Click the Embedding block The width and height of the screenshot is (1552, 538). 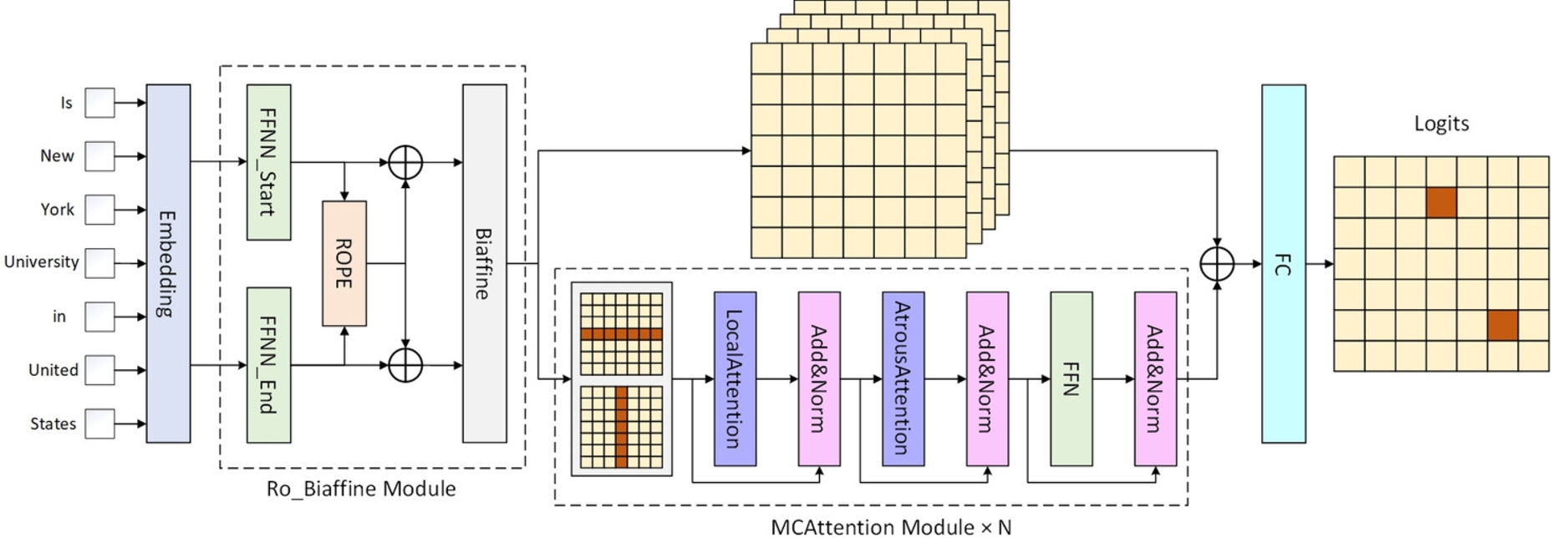(168, 263)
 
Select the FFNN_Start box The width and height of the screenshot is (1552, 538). (268, 162)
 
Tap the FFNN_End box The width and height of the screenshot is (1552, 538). (268, 365)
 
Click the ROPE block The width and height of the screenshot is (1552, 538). (343, 263)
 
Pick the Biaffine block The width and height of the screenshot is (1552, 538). (484, 263)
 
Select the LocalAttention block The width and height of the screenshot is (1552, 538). (735, 378)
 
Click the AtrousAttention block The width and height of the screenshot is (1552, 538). (903, 378)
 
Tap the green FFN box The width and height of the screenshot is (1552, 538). (1071, 378)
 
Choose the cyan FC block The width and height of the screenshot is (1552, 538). (1283, 263)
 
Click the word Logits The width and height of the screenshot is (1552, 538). (1441, 124)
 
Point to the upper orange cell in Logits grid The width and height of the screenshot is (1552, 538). (1441, 202)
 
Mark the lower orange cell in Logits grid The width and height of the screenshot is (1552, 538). (1502, 325)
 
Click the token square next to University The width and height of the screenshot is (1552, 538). (99, 263)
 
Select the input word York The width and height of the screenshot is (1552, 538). (57, 210)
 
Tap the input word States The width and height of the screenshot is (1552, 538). (53, 424)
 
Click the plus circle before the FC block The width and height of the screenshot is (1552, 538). (1217, 264)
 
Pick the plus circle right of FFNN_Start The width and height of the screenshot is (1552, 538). (405, 162)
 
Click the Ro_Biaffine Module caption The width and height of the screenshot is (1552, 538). (361, 489)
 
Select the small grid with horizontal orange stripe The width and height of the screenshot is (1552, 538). (621, 333)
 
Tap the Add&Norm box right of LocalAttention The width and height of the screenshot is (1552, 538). (818, 378)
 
